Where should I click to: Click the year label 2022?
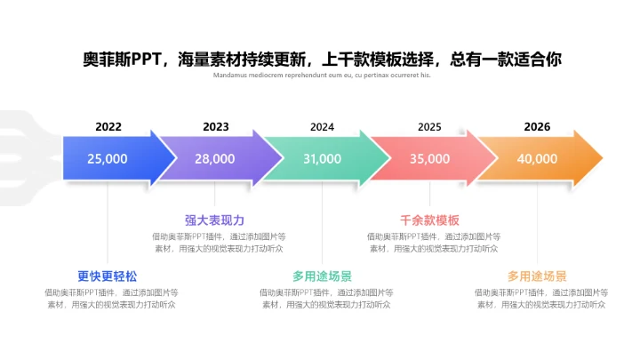(108, 127)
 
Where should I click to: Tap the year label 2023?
(215, 127)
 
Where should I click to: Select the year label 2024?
(322, 127)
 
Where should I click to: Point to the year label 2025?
(429, 127)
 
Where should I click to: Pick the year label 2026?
(537, 127)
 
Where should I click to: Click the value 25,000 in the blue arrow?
(108, 159)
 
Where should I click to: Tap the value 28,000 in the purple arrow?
(215, 159)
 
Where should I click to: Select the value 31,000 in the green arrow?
(322, 159)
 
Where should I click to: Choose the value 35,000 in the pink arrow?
(429, 159)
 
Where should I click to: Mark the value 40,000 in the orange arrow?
(537, 159)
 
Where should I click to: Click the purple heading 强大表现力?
(214, 220)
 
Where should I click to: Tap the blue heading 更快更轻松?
(108, 276)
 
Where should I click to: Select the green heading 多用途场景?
(322, 276)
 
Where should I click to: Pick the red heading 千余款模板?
(430, 220)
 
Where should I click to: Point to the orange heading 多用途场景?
(537, 276)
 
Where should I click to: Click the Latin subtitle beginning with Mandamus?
(322, 76)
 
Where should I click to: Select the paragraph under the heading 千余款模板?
(433, 243)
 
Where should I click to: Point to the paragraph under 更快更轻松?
(111, 298)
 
